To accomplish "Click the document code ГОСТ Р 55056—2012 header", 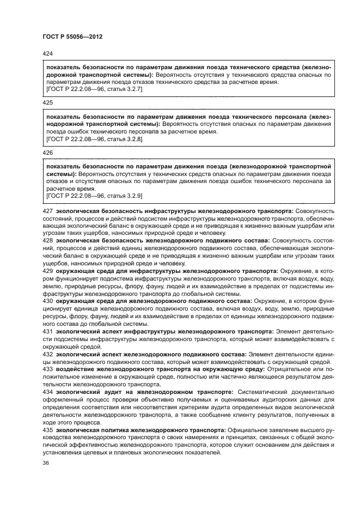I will (x=72, y=37).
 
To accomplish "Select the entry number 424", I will (x=47, y=53).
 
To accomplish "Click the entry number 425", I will (x=47, y=102).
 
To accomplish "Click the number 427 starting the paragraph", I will (x=47, y=211).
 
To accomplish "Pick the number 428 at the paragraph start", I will (x=47, y=240).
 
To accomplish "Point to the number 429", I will (x=47, y=270).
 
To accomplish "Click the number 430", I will (x=47, y=300).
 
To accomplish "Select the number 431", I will (x=47, y=330).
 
